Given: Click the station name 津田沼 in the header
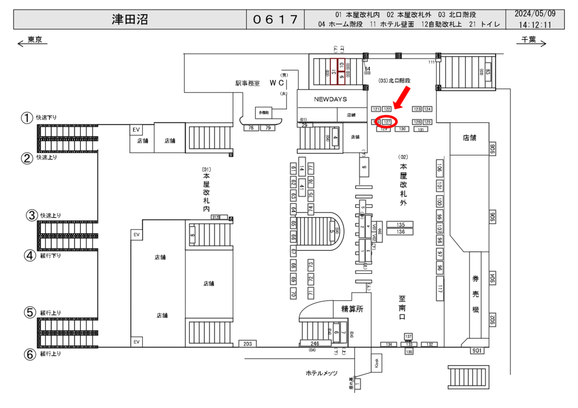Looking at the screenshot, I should pyautogui.click(x=130, y=20).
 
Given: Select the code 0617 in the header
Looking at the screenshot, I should pyautogui.click(x=275, y=20).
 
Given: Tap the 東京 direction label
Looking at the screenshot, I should pyautogui.click(x=34, y=39).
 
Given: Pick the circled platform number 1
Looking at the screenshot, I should pyautogui.click(x=26, y=118).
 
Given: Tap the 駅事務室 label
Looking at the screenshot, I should pyautogui.click(x=247, y=83).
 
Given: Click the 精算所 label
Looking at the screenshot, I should pyautogui.click(x=352, y=309).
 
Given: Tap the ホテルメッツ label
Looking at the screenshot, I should pyautogui.click(x=321, y=373).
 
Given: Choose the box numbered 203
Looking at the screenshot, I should pyautogui.click(x=247, y=344).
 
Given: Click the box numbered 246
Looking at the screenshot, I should pyautogui.click(x=315, y=343).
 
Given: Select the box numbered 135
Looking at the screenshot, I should pyautogui.click(x=400, y=224).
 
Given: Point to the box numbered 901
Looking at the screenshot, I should pyautogui.click(x=477, y=351).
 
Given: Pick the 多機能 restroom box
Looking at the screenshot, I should pyautogui.click(x=264, y=113).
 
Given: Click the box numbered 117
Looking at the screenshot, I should pyautogui.click(x=440, y=289).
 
